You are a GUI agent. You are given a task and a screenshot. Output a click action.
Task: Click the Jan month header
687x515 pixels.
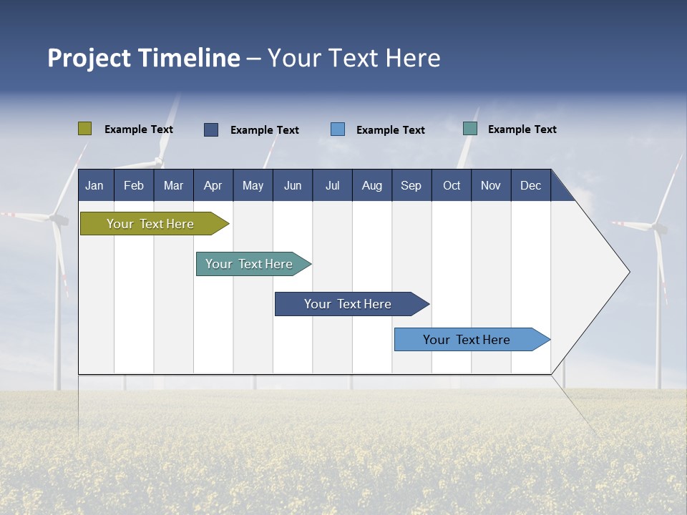[x=94, y=185]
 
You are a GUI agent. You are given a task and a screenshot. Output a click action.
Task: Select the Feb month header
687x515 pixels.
[x=134, y=185]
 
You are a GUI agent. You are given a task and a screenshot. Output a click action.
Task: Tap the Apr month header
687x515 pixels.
[x=213, y=185]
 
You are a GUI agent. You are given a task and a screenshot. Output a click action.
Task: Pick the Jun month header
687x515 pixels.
[x=293, y=185]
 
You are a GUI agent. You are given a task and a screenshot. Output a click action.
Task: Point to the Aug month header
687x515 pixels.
[x=372, y=185]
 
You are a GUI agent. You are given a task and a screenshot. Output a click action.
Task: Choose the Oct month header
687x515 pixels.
[x=452, y=185]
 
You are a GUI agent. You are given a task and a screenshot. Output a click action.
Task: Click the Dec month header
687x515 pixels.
[x=531, y=185]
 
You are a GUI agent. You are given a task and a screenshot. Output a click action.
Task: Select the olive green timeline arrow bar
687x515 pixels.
[x=151, y=224]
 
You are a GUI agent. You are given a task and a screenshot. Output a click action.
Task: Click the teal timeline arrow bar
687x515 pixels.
[x=250, y=264]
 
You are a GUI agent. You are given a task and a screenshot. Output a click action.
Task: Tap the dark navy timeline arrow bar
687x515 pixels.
[x=349, y=304]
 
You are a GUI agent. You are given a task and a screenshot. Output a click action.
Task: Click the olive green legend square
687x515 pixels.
[x=84, y=129]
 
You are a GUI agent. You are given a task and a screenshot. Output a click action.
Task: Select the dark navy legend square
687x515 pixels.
[x=211, y=129]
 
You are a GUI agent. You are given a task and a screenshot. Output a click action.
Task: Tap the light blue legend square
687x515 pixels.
[x=338, y=129]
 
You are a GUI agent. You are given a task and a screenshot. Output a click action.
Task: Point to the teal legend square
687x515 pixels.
[x=470, y=129]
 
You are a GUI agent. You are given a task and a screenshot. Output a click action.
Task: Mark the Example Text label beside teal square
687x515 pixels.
[x=522, y=129]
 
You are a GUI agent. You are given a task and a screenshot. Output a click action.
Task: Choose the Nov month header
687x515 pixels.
[x=491, y=185]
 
